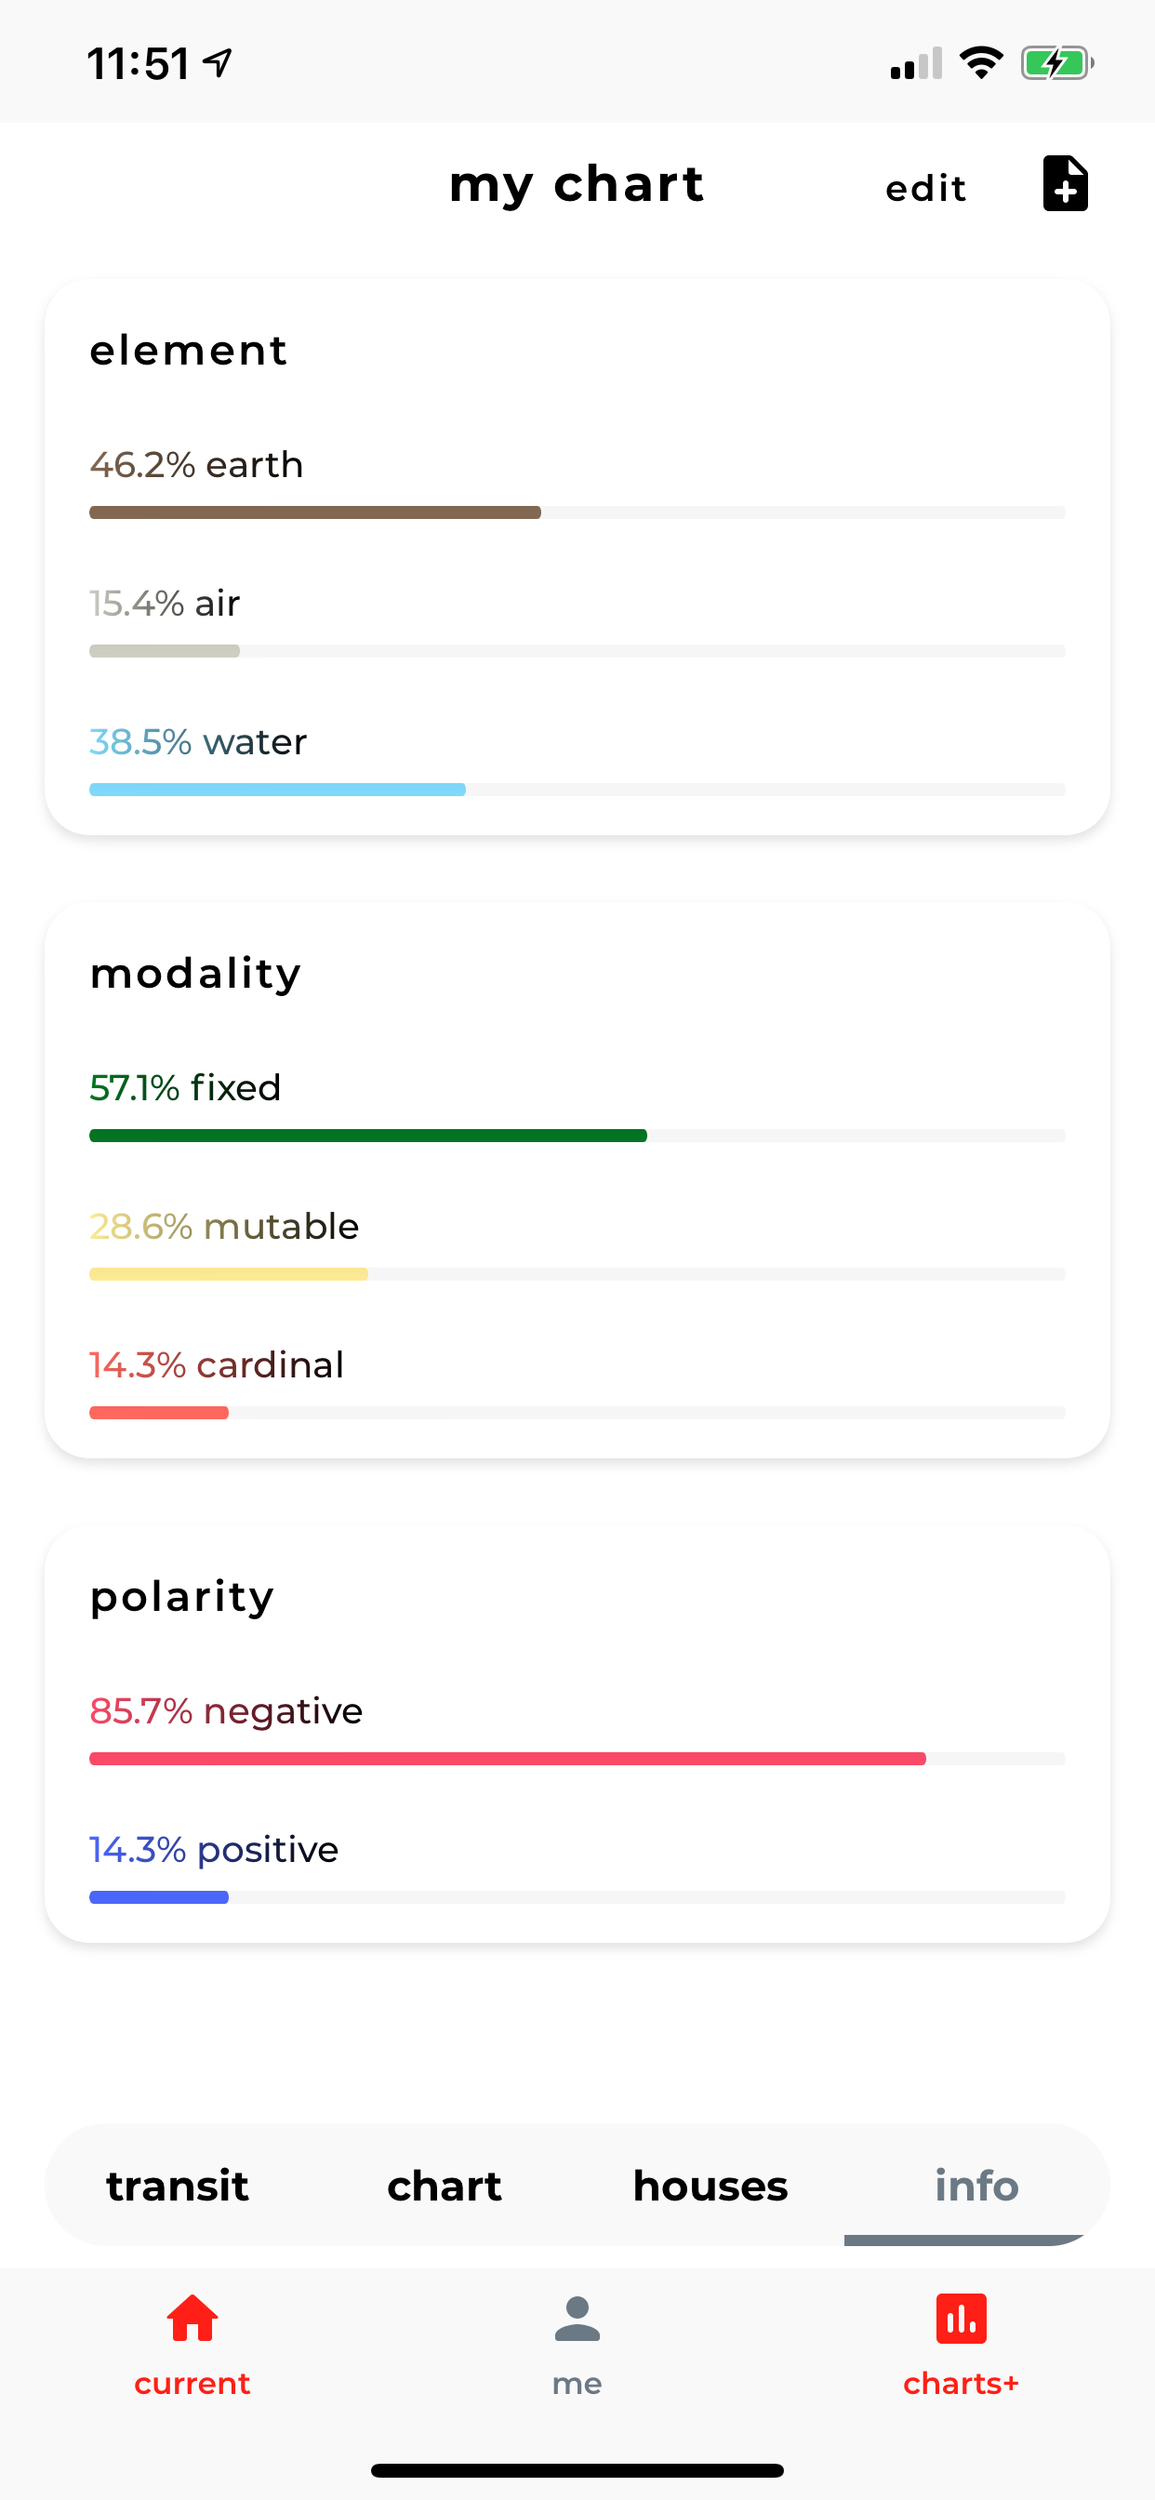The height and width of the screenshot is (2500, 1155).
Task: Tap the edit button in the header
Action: [x=925, y=187]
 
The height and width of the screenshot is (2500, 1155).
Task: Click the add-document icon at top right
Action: [x=1065, y=182]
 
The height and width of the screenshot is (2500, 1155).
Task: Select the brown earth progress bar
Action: [x=314, y=512]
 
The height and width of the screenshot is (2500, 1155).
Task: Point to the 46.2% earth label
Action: [x=196, y=465]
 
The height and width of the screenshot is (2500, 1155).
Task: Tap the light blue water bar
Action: [x=276, y=790]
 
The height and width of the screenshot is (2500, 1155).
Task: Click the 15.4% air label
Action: [x=164, y=604]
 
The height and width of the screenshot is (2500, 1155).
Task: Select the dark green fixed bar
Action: [x=368, y=1136]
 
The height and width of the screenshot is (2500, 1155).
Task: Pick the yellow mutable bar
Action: [x=228, y=1274]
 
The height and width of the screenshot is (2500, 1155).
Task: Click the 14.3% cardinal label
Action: [x=217, y=1365]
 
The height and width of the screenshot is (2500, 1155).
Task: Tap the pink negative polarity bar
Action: [x=507, y=1759]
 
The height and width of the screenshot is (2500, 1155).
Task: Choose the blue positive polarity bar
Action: [x=158, y=1897]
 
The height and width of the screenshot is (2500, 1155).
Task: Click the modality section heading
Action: [x=195, y=975]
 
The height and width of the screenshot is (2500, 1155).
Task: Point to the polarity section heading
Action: [x=181, y=1598]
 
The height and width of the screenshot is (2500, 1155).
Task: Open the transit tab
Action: [x=178, y=2186]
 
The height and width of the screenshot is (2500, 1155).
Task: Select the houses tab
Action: [x=710, y=2186]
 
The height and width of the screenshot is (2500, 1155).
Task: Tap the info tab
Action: [x=976, y=2186]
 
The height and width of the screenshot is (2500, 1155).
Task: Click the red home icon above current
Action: [x=192, y=2318]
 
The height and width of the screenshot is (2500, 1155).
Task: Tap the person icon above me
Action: [x=577, y=2319]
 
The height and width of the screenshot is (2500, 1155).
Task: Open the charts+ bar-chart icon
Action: [x=961, y=2319]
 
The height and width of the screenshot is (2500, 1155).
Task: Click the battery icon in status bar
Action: [x=1057, y=64]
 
